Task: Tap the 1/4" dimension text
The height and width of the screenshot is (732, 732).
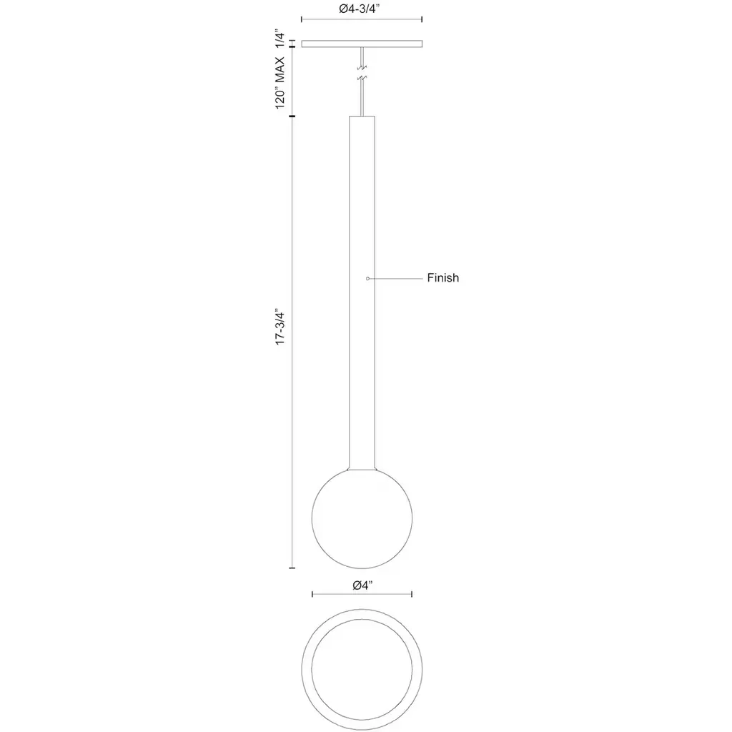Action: pos(280,39)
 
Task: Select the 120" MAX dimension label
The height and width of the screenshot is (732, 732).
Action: pos(280,83)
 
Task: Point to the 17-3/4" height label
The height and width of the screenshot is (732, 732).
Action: pos(280,327)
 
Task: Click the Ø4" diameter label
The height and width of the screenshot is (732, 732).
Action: pos(362,585)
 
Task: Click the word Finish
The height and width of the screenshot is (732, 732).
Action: pos(443,278)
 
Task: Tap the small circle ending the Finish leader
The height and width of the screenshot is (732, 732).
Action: pos(368,279)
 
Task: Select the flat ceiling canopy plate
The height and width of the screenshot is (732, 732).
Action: pos(362,44)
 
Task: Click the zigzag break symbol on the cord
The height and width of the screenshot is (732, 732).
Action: pos(362,73)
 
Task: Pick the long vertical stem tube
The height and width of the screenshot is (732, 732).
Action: pos(362,292)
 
